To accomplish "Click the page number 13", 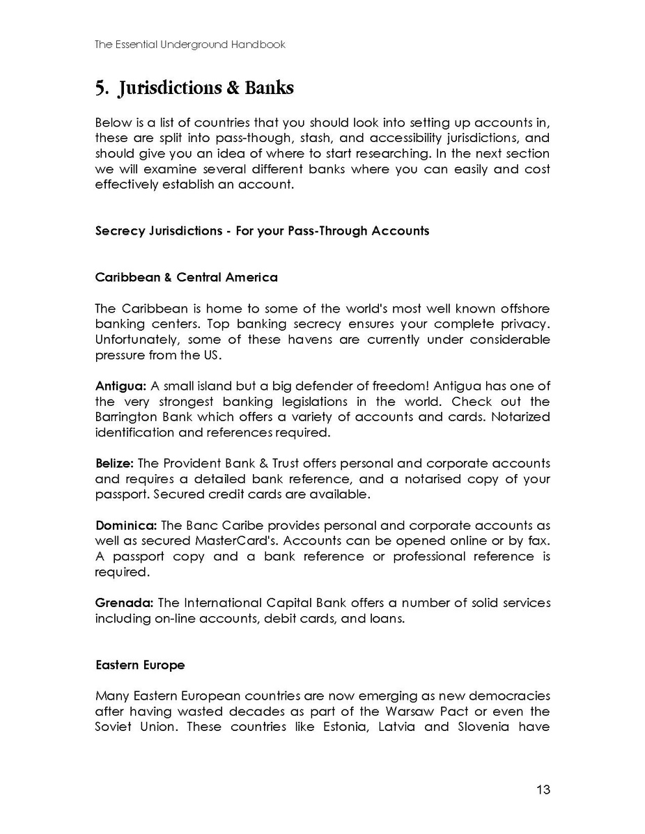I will pyautogui.click(x=543, y=789).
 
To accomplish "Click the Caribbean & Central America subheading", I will pyautogui.click(x=186, y=277).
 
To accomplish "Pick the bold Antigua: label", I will pyautogui.click(x=118, y=386).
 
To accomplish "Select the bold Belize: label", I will pyautogui.click(x=115, y=464).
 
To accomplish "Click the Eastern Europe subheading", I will pyautogui.click(x=140, y=665).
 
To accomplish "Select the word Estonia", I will pyautogui.click(x=337, y=727).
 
